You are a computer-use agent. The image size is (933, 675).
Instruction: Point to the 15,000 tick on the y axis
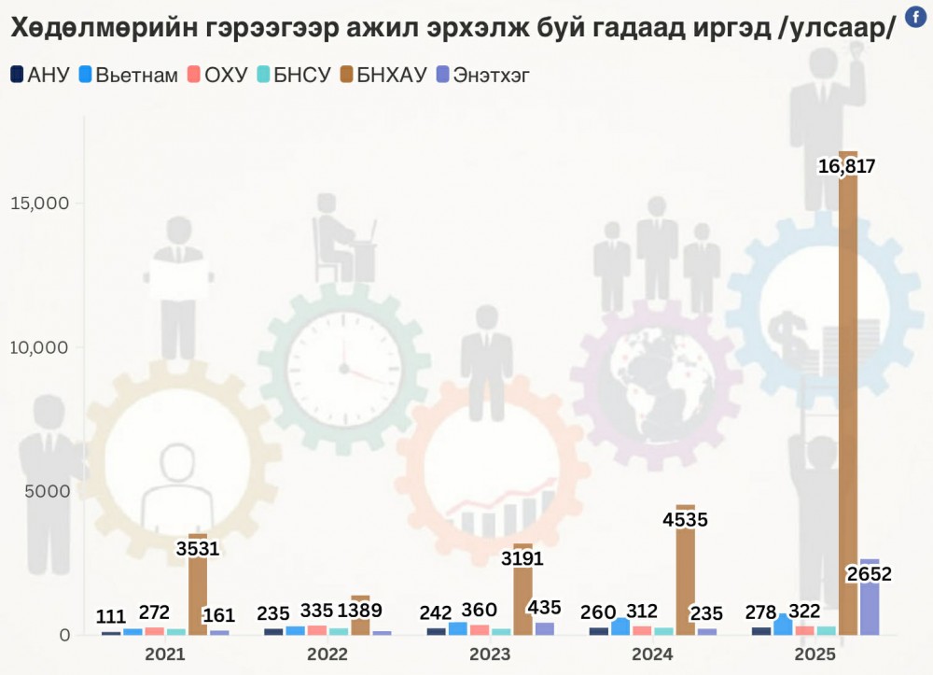coord(39,204)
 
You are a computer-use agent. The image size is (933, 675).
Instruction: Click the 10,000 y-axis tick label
coord(39,347)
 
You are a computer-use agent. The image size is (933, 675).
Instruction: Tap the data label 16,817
coord(846,167)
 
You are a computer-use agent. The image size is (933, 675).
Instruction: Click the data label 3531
coord(197,548)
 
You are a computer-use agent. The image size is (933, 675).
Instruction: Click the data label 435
coord(544,607)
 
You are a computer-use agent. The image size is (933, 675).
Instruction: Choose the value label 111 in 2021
coord(111,616)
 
